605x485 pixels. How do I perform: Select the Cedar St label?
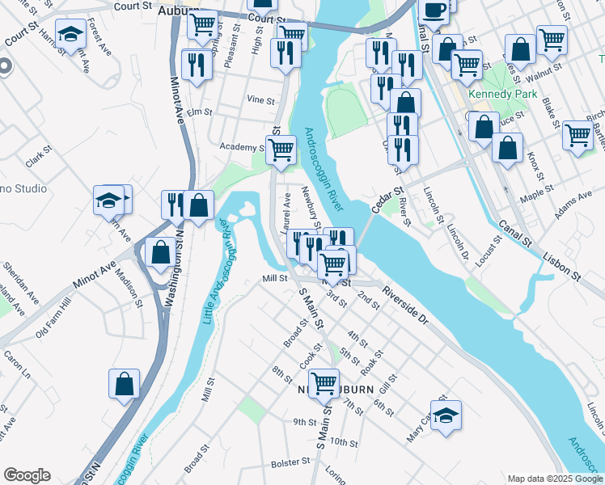pos(387,200)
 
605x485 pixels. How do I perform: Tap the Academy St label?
pos(242,147)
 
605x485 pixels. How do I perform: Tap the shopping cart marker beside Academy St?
pos(281,150)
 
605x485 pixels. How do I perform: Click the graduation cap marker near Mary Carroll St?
pos(446,415)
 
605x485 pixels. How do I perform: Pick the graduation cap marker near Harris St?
pos(72,34)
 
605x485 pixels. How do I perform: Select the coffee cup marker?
pos(434,10)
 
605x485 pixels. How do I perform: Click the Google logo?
pos(27,475)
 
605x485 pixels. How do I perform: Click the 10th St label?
pos(344,442)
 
